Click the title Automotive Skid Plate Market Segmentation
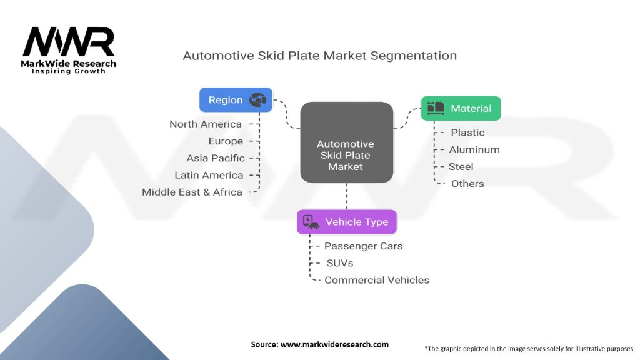pyautogui.click(x=319, y=56)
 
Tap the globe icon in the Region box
pyautogui.click(x=257, y=100)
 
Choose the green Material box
pyautogui.click(x=461, y=108)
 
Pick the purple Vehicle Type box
pyautogui.click(x=346, y=222)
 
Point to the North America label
pyautogui.click(x=205, y=124)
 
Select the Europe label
pyautogui.click(x=226, y=141)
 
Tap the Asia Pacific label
pyautogui.click(x=216, y=158)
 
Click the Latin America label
pyautogui.click(x=209, y=175)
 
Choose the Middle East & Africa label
pyautogui.click(x=192, y=192)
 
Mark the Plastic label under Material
pyautogui.click(x=467, y=132)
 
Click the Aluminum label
pyautogui.click(x=474, y=149)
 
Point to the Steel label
pyautogui.click(x=461, y=166)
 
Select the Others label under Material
pyautogui.click(x=467, y=183)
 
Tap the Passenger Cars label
pyautogui.click(x=363, y=246)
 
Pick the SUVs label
pyautogui.click(x=340, y=263)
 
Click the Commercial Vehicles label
pyautogui.click(x=377, y=280)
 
